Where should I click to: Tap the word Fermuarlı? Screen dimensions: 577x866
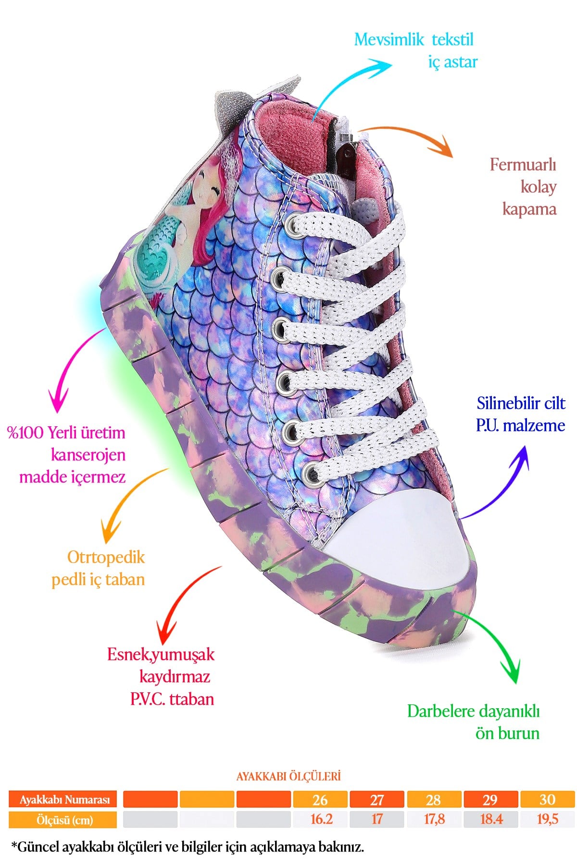pyautogui.click(x=523, y=165)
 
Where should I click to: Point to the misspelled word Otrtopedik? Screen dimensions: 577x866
pyautogui.click(x=106, y=558)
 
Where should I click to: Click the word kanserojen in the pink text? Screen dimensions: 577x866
pyautogui.click(x=88, y=455)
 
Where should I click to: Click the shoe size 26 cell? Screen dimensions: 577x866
pyautogui.click(x=320, y=800)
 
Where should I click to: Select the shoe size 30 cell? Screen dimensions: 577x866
pyautogui.click(x=547, y=800)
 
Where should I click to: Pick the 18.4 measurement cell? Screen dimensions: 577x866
pyautogui.click(x=491, y=819)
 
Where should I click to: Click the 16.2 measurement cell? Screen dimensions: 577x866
pyautogui.click(x=320, y=819)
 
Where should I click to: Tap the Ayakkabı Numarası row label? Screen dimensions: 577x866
pyautogui.click(x=65, y=800)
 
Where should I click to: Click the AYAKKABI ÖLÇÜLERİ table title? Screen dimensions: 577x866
pyautogui.click(x=288, y=776)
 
